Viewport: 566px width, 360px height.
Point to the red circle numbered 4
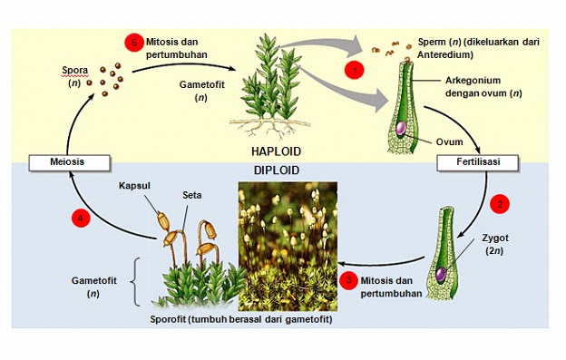(82, 218)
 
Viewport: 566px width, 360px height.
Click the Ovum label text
(450, 141)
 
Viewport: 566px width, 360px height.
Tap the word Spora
(75, 70)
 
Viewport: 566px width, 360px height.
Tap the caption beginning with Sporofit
(237, 320)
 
